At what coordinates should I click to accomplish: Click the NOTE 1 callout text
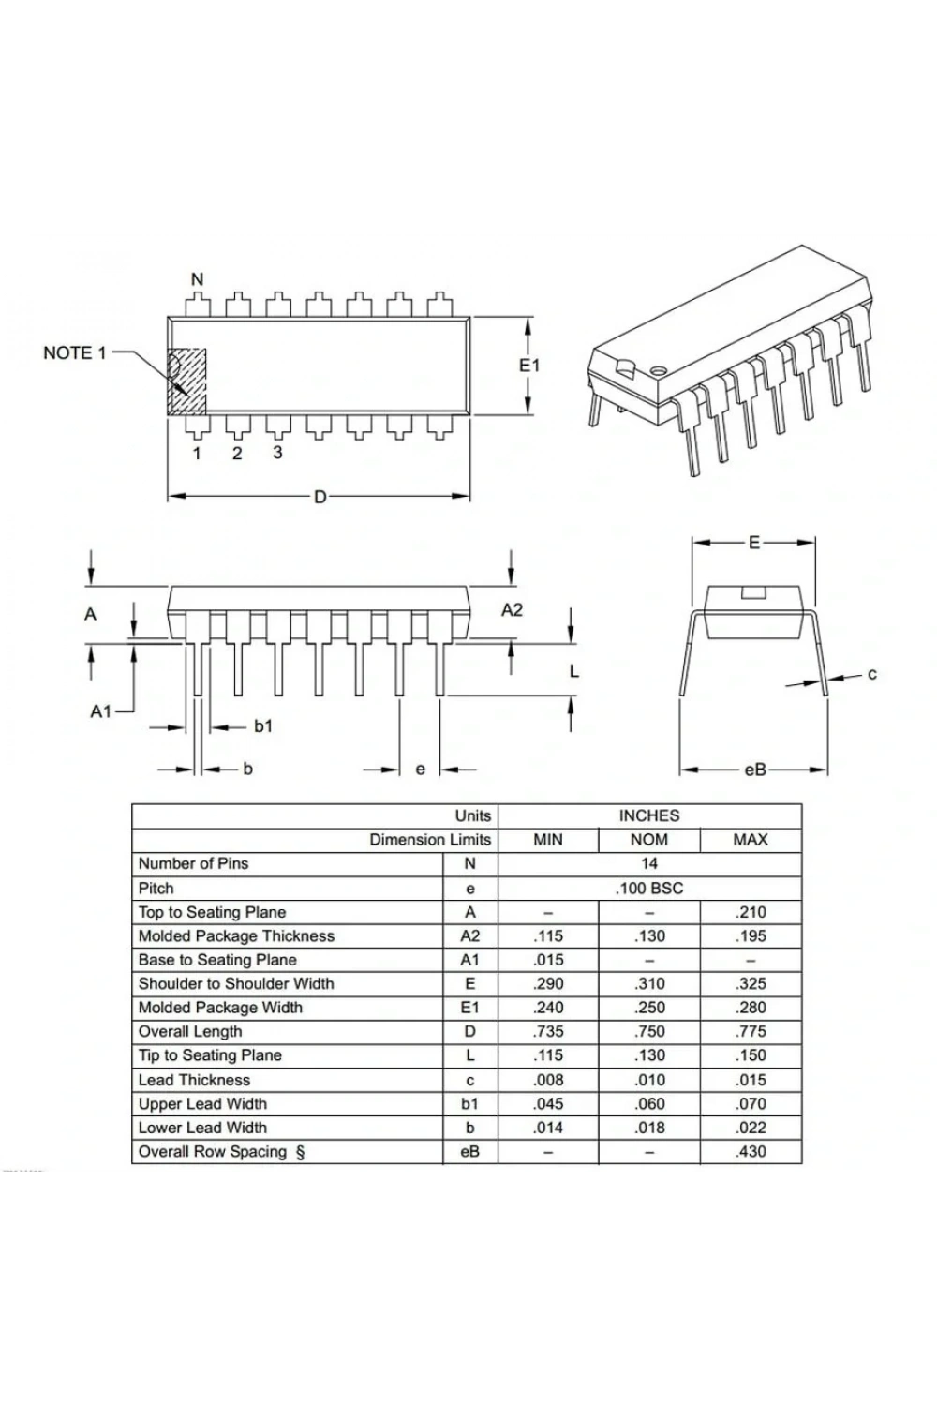tap(75, 353)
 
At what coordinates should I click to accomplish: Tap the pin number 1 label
tap(197, 453)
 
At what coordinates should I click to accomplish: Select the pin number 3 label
tap(277, 453)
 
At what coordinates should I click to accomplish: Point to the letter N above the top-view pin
tap(197, 279)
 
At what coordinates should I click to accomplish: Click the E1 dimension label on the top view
tap(529, 366)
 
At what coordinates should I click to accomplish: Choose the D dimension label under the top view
tap(320, 497)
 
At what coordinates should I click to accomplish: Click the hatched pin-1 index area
tap(186, 381)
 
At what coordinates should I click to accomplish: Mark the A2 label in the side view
tap(512, 609)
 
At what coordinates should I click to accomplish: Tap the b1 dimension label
tap(263, 726)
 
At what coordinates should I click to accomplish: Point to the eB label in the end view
tap(755, 770)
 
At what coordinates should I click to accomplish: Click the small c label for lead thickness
tap(871, 674)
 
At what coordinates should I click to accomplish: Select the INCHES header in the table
tap(649, 816)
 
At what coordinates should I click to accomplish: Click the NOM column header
tap(649, 840)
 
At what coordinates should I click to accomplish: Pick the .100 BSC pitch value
tap(649, 889)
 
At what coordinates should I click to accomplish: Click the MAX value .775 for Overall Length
tap(751, 1031)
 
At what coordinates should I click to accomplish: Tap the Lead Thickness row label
tap(194, 1080)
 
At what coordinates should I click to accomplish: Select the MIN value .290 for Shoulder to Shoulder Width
tap(548, 983)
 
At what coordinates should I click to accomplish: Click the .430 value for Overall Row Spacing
tap(751, 1151)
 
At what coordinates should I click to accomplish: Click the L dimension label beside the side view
tap(573, 672)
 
